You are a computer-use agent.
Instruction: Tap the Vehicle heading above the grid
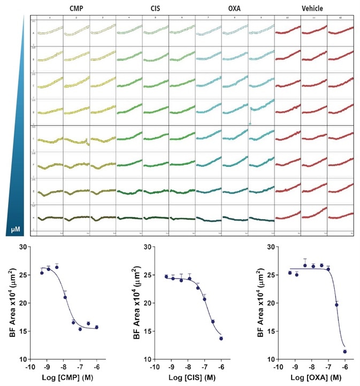click(312, 8)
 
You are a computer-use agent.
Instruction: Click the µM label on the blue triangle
click(16, 230)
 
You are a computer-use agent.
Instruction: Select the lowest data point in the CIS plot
click(221, 338)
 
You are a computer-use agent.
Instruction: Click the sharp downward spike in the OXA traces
click(250, 123)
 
